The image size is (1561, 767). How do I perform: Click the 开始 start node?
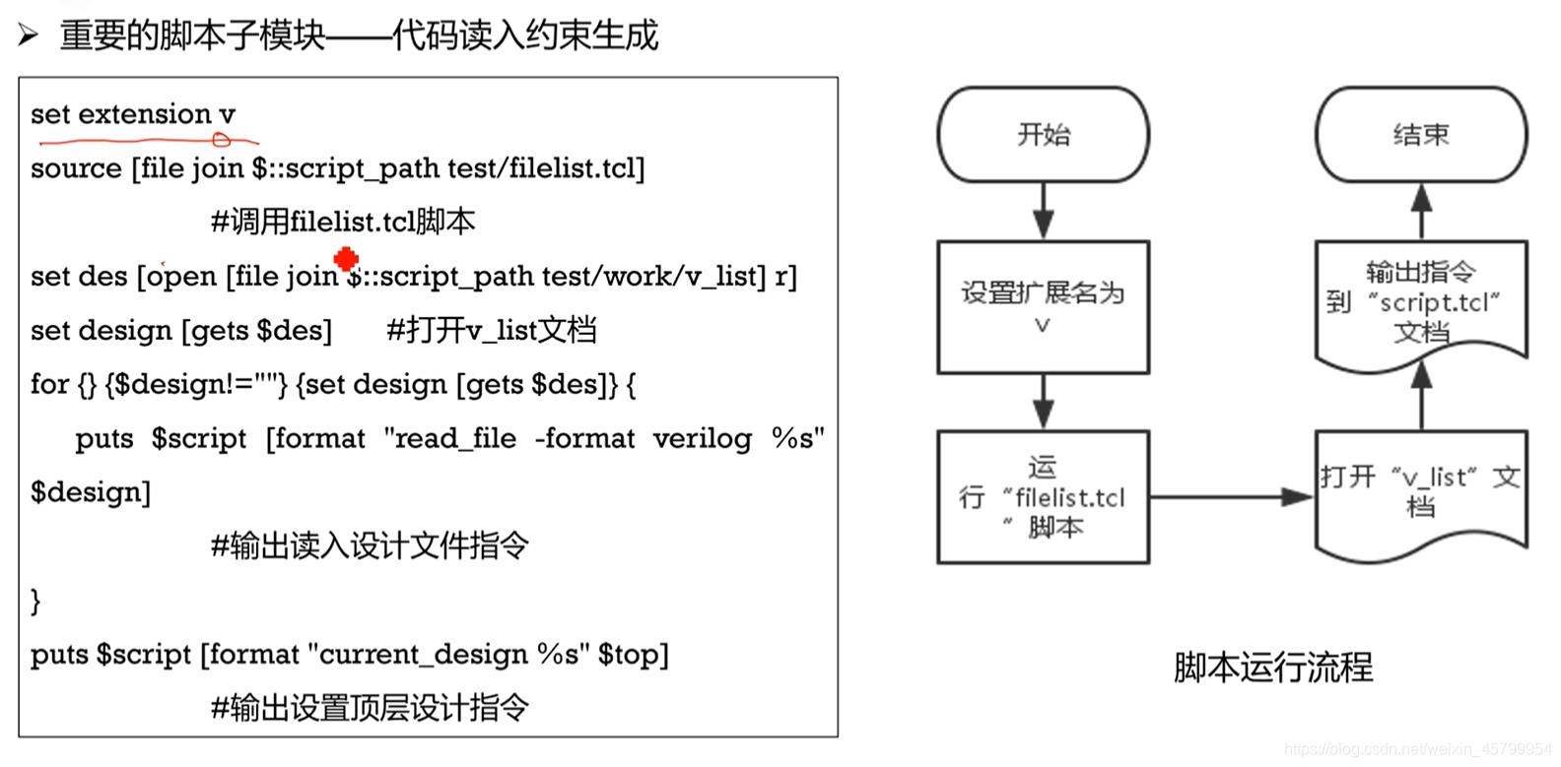pyautogui.click(x=1043, y=135)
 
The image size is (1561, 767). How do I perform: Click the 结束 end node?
pyautogui.click(x=1420, y=135)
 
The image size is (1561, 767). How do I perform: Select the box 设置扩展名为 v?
pyautogui.click(x=1043, y=307)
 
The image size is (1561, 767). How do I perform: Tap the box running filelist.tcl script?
pyautogui.click(x=1043, y=496)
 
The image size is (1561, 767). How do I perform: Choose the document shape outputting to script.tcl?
pyautogui.click(x=1420, y=301)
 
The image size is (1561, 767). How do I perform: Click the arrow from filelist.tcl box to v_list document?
pyautogui.click(x=1232, y=497)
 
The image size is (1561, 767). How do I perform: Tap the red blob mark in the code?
pyautogui.click(x=346, y=259)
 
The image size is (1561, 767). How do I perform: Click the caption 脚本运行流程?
pyautogui.click(x=1272, y=668)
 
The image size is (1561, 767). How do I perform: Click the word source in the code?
pyautogui.click(x=76, y=168)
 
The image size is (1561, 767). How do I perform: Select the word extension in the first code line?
pyautogui.click(x=145, y=114)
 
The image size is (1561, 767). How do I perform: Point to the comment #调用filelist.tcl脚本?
pyautogui.click(x=343, y=222)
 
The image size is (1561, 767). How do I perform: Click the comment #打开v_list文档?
pyautogui.click(x=491, y=330)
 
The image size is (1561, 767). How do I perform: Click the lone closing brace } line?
pyautogui.click(x=35, y=601)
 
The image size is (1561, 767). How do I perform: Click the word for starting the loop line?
pyautogui.click(x=49, y=384)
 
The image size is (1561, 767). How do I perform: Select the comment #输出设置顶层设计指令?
pyautogui.click(x=371, y=708)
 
